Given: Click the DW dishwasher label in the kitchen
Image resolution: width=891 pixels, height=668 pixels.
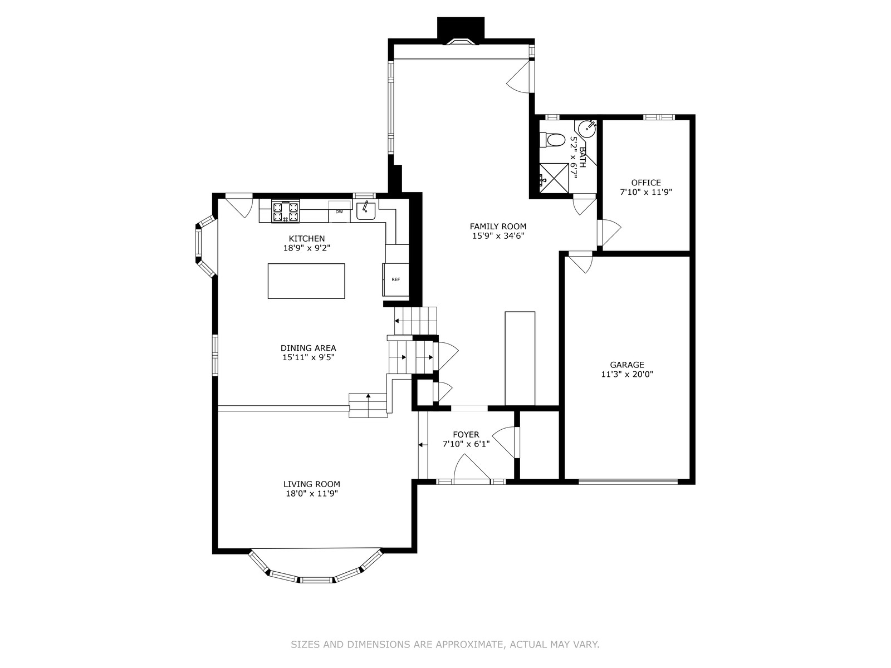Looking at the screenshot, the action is [x=339, y=212].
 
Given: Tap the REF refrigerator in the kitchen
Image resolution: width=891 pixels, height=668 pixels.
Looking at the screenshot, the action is [x=396, y=279].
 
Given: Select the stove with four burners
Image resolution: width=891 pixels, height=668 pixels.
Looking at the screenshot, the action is [x=285, y=212].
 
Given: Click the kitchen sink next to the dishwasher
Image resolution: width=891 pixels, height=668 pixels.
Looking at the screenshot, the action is [x=366, y=210].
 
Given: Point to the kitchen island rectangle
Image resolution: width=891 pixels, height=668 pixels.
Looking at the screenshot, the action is [x=306, y=281].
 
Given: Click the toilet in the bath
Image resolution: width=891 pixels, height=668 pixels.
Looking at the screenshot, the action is [x=552, y=140].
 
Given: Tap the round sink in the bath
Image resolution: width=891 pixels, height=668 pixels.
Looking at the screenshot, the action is [x=588, y=129].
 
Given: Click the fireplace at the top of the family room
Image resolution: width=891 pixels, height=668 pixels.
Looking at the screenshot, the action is [x=461, y=31].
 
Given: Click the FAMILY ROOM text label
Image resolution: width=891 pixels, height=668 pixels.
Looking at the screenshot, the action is [x=498, y=227].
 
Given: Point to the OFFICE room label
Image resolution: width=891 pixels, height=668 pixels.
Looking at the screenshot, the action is [x=646, y=183].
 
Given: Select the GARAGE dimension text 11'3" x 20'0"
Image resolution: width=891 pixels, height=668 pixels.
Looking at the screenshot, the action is [x=627, y=374].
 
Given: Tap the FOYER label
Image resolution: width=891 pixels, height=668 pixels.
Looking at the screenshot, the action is [x=466, y=434].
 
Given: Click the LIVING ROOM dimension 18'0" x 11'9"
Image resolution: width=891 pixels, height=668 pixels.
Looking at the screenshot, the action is [x=312, y=494].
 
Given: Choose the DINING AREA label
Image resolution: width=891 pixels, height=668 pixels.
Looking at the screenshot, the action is [x=309, y=348].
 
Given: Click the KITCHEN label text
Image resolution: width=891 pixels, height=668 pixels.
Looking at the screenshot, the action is [x=307, y=238].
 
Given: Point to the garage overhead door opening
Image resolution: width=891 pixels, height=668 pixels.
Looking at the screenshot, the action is [x=628, y=482].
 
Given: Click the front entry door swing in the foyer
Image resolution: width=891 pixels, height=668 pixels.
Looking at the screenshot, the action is [x=472, y=469].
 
